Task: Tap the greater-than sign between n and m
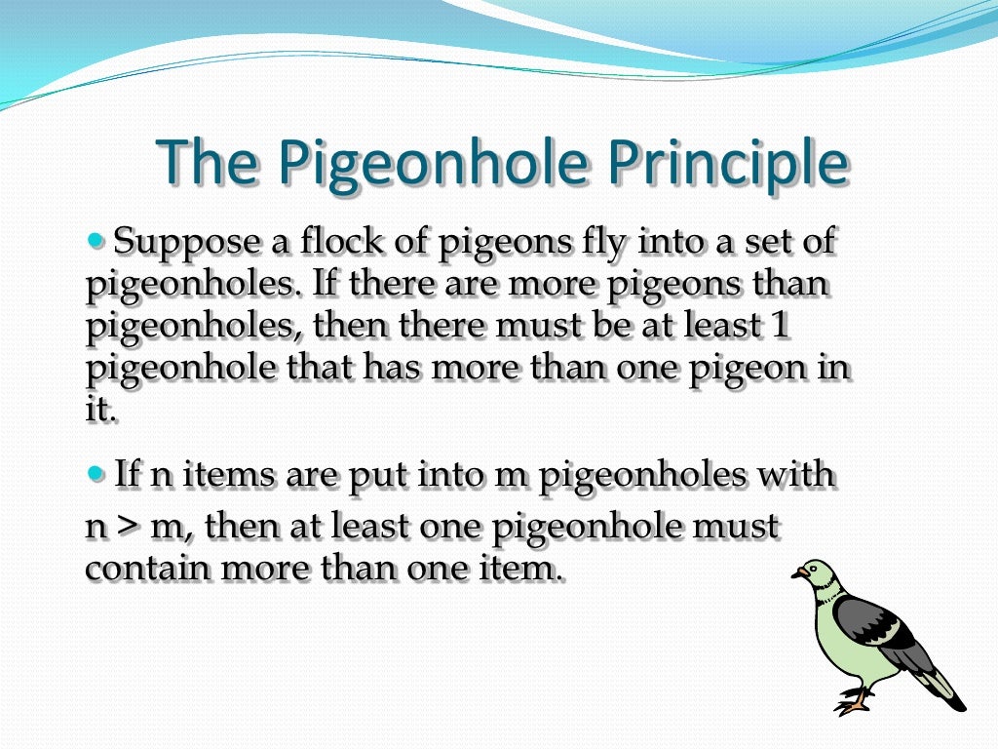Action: pos(127,528)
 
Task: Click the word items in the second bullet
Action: pos(230,476)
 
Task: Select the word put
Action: pos(376,478)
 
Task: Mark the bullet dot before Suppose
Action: pos(96,238)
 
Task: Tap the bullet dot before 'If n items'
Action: pos(96,473)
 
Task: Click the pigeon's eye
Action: pos(808,570)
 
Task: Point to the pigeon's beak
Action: pos(795,575)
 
